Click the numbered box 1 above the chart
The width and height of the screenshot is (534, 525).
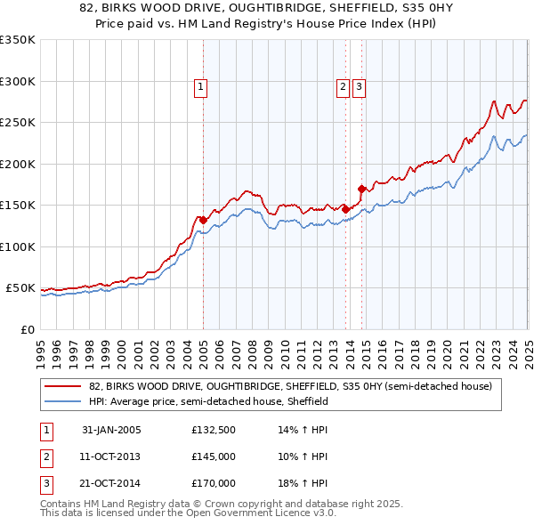[201, 87]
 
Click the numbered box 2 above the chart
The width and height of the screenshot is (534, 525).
[343, 87]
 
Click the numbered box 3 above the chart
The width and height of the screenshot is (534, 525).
[359, 87]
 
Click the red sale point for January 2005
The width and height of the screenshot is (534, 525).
[203, 220]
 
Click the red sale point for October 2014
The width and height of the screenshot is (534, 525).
[361, 189]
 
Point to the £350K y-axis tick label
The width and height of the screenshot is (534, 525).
[17, 40]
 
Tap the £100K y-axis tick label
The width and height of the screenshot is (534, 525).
[17, 246]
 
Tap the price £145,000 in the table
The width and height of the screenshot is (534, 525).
[214, 457]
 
